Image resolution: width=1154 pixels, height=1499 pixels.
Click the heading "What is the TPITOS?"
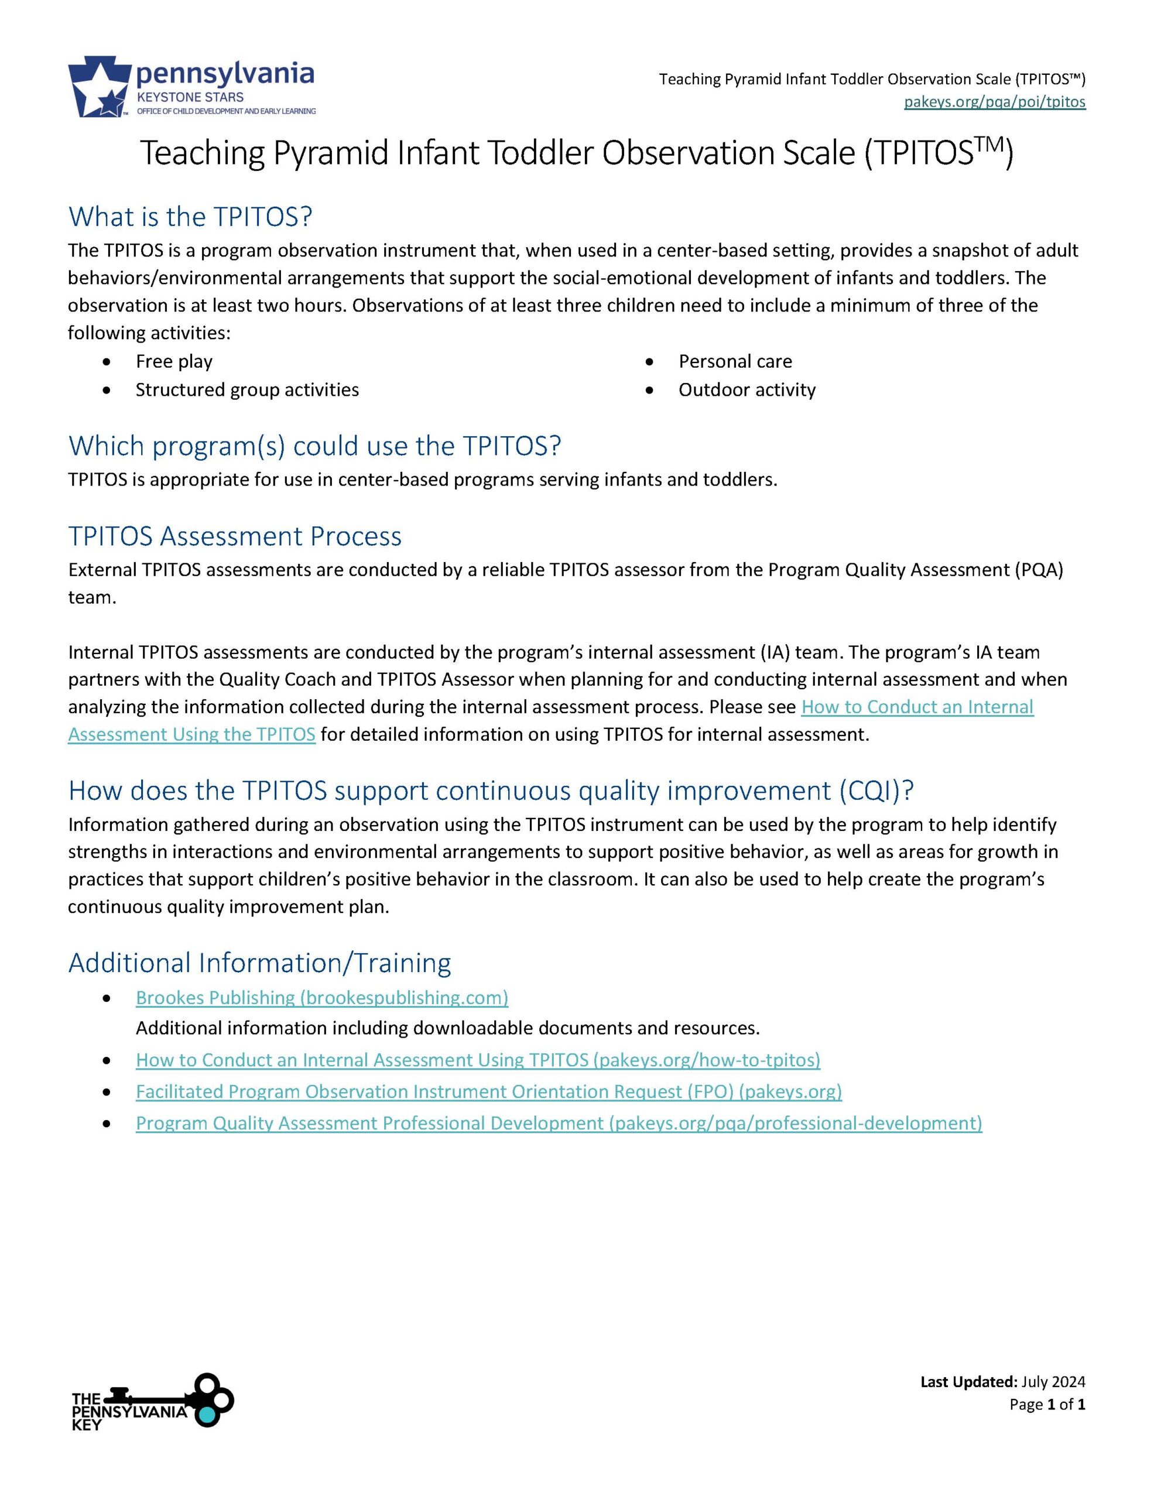190,217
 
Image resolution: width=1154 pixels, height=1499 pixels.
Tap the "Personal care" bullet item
735,361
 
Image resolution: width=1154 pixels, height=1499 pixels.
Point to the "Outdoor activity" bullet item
746,390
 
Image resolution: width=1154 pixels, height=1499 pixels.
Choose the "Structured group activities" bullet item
247,390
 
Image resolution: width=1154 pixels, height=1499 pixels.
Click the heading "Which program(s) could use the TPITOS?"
314,446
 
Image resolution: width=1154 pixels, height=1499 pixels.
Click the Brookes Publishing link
322,998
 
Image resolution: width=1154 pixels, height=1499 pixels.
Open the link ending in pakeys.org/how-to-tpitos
478,1060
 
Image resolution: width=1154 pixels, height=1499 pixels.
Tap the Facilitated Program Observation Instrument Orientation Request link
488,1092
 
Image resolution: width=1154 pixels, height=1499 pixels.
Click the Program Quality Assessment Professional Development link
559,1124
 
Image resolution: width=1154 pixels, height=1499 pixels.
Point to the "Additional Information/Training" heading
259,963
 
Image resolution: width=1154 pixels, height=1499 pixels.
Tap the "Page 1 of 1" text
1047,1404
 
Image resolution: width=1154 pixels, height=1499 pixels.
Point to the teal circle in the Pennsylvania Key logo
207,1415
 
